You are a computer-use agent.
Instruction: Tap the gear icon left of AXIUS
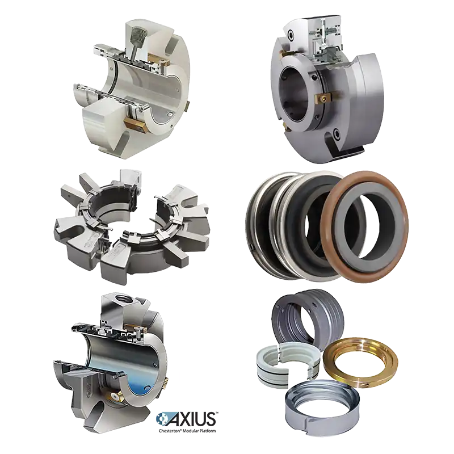click(163, 419)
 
